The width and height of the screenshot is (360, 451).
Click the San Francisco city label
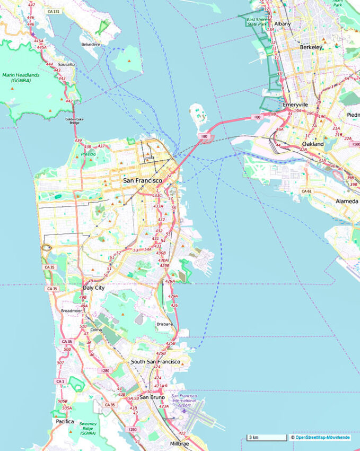tap(142, 181)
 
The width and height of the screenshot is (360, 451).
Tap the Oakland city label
tap(312, 144)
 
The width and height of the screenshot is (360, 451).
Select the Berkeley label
tap(311, 47)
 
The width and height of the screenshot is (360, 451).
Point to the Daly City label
tap(93, 288)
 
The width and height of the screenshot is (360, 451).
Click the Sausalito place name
tap(66, 64)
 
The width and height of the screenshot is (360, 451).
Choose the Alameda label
tap(347, 201)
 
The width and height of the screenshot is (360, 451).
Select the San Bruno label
tap(152, 397)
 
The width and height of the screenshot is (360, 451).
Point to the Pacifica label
tap(65, 421)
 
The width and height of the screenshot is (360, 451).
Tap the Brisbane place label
tap(165, 324)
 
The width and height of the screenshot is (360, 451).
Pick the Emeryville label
tap(295, 105)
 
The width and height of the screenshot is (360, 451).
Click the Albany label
tap(283, 24)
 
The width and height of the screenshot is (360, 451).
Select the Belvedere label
tap(91, 45)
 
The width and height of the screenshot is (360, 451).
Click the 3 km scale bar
tap(266, 438)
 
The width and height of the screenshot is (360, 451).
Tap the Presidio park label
tap(89, 154)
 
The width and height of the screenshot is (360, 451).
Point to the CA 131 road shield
tap(52, 11)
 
